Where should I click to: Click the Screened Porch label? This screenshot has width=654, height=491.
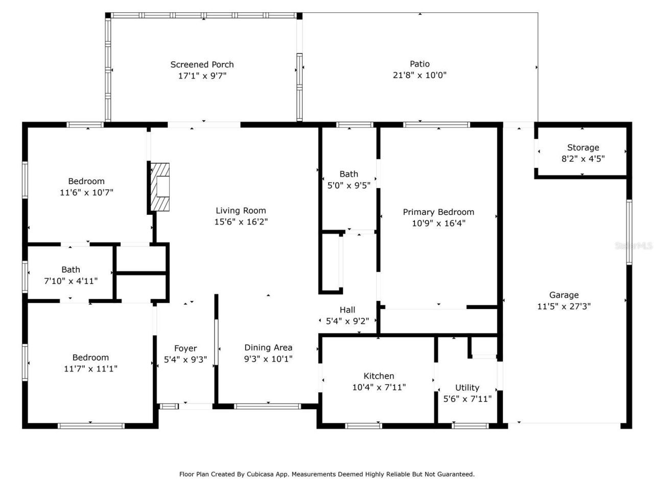202,64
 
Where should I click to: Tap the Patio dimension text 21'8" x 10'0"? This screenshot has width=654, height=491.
419,75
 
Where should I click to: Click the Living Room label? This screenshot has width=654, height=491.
241,210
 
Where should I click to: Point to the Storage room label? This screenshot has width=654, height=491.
583,147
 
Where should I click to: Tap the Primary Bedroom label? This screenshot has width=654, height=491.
438,212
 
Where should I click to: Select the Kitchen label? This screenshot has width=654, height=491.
379,376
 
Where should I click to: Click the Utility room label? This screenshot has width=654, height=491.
467,387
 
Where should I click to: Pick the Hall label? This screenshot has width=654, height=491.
347,309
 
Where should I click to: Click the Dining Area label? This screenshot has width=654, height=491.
268,347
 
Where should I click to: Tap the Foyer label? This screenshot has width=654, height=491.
185,348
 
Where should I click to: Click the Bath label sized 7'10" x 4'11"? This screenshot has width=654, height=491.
71,270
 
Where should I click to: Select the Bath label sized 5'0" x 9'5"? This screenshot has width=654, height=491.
348,174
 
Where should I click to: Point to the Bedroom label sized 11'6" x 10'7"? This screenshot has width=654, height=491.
86,181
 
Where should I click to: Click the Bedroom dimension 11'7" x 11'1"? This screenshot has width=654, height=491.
90,369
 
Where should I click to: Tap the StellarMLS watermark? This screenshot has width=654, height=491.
634,245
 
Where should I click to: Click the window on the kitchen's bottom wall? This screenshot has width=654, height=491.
363,426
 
